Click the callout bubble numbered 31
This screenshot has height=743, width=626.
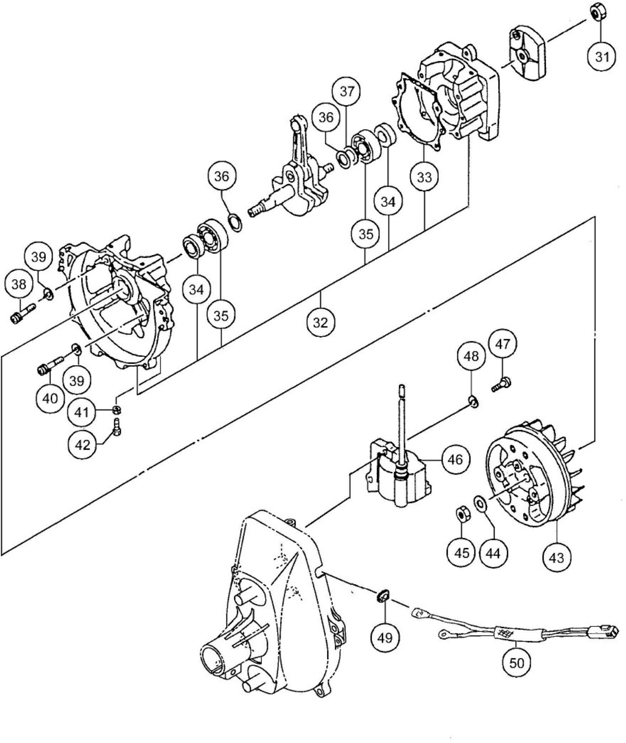(602, 56)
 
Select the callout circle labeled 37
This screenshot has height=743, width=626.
(346, 91)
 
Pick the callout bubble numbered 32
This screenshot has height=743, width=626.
(320, 322)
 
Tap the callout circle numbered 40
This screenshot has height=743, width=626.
(50, 398)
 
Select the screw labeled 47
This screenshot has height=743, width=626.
(500, 382)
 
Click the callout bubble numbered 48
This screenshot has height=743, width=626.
(471, 356)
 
